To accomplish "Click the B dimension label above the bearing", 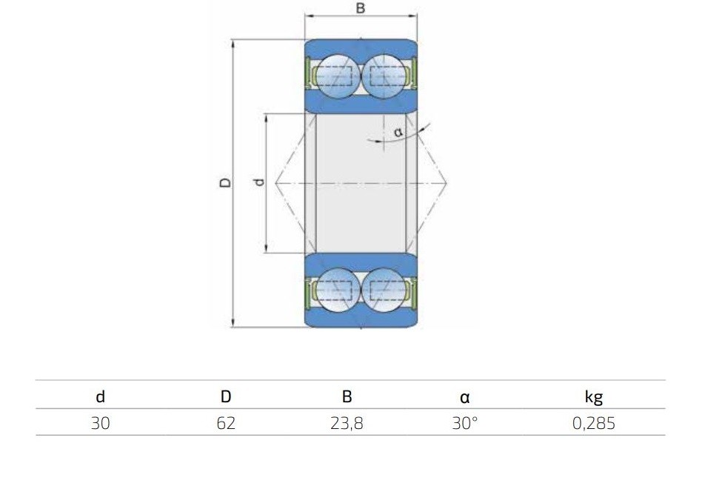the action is pos(361,8).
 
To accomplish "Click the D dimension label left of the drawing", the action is pos(225,182).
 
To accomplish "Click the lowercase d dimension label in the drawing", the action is pos(258,182).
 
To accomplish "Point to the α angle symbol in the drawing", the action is pos(398,132).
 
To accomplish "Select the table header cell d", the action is pos(100,396).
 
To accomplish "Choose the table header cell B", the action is pos(347,396).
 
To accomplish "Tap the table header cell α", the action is pos(464,398).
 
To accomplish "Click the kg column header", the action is pos(593,397).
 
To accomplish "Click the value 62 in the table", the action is pos(226,423).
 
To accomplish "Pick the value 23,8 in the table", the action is pos(347,424).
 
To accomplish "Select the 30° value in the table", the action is pos(464,423).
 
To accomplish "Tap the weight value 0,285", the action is pos(593,424).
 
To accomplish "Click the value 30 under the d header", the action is pos(100,423).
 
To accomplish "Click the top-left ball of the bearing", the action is pos(338,76).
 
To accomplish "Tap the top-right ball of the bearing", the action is pos(384,76).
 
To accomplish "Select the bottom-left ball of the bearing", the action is pos(338,290).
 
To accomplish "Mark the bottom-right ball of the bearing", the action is pos(384,290).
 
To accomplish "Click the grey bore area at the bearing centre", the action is pos(361,183).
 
